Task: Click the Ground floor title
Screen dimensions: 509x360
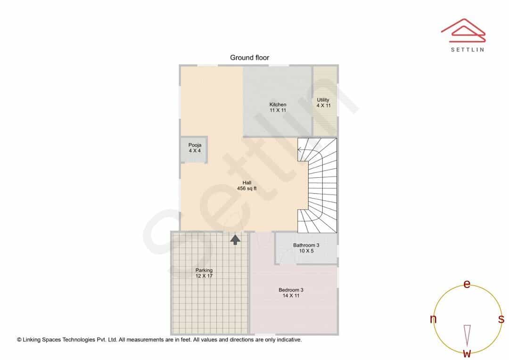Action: [x=249, y=58]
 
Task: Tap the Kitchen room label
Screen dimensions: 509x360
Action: [x=278, y=107]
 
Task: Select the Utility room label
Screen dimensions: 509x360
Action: [x=323, y=103]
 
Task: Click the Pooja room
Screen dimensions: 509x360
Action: [x=195, y=149]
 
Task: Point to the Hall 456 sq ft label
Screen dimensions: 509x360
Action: [x=246, y=185]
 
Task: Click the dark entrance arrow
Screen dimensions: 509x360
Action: [x=235, y=239]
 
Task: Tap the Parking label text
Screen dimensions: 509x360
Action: [x=204, y=270]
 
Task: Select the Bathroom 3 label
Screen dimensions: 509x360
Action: [x=306, y=248]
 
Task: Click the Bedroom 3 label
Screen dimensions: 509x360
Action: [x=291, y=293]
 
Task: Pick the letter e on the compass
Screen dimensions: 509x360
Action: [x=467, y=284]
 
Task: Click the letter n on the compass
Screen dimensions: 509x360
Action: [x=433, y=319]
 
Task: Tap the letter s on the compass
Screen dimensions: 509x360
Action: [x=501, y=319]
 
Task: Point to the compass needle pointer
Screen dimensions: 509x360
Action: [x=467, y=335]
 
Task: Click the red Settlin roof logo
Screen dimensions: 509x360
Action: [x=463, y=31]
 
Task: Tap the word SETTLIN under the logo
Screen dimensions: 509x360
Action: [x=468, y=49]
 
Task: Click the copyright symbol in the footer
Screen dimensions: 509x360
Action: [x=19, y=340]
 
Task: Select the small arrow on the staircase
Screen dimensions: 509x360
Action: [x=301, y=150]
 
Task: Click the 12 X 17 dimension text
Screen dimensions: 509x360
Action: [x=204, y=276]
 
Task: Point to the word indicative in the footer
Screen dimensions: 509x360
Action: [x=289, y=340]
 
